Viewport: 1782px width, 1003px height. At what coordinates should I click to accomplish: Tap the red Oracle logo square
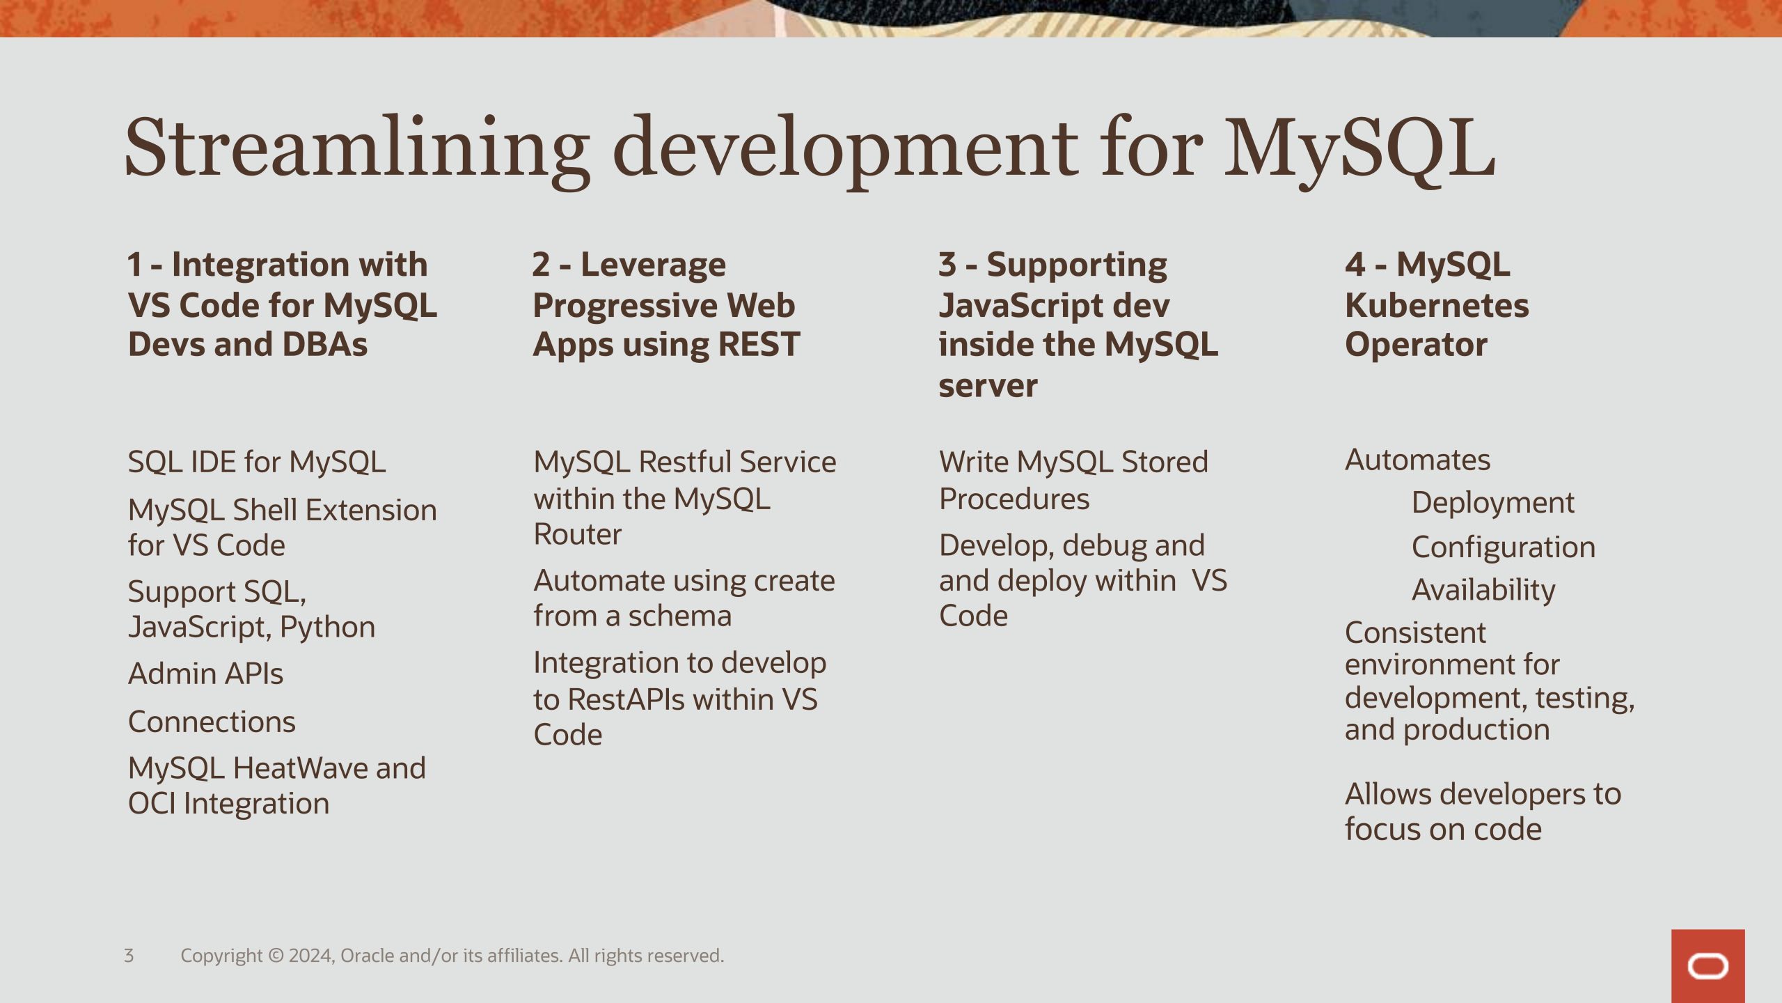pos(1708,966)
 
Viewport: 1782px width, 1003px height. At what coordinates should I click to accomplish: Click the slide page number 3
pos(129,956)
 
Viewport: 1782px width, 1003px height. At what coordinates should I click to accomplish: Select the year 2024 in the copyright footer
pos(311,956)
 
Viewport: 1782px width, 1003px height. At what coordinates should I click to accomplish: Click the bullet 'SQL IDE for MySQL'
pos(257,462)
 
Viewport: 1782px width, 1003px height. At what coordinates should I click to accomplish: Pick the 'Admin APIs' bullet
pos(206,674)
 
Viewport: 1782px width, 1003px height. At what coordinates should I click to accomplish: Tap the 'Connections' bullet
pos(212,722)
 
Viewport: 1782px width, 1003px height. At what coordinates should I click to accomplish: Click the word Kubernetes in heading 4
pos(1437,305)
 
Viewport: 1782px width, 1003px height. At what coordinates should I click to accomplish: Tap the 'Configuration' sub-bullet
pos(1504,547)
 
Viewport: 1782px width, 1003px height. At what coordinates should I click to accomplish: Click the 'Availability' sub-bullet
pos(1483,591)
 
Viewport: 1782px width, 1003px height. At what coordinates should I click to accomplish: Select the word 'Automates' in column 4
pos(1418,460)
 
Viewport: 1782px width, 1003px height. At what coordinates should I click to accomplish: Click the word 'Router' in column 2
pos(577,535)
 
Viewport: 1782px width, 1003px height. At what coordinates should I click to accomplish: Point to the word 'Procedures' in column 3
pos(1014,499)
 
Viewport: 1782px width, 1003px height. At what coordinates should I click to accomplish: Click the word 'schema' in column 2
pos(679,616)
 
